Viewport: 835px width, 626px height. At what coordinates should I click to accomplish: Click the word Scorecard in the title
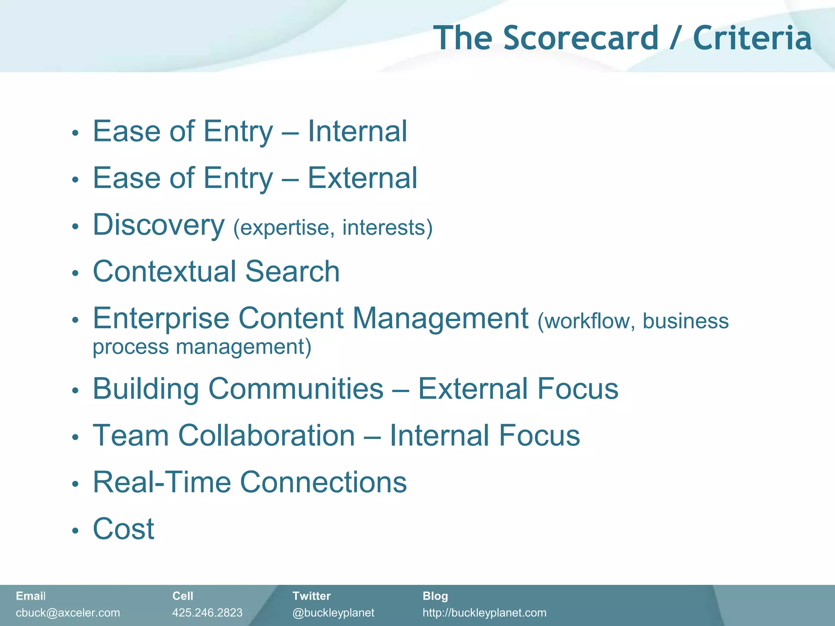click(581, 38)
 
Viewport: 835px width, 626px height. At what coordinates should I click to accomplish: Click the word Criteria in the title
click(752, 38)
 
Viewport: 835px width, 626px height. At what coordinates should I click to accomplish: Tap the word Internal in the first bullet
click(357, 131)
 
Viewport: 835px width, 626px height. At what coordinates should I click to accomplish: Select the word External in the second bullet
click(362, 178)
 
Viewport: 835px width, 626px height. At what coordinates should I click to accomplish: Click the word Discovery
click(159, 225)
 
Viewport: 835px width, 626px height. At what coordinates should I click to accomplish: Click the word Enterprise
click(161, 319)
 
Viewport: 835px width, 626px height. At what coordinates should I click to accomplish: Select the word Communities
click(296, 388)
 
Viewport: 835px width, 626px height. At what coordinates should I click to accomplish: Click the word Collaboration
click(267, 435)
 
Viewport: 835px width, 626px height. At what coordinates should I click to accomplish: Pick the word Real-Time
click(161, 482)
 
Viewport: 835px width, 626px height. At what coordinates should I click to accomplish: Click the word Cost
click(124, 529)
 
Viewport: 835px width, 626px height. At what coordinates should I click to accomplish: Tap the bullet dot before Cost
click(75, 531)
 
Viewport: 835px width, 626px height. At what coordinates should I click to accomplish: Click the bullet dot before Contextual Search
click(75, 273)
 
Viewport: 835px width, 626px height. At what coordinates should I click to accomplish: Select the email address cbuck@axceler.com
click(68, 613)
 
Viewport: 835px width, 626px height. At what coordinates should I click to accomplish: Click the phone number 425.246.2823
click(207, 613)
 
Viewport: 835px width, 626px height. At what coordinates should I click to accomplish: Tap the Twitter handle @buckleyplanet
click(333, 613)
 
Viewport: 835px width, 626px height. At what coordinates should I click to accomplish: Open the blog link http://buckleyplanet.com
click(484, 613)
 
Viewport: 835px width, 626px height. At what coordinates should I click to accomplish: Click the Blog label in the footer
click(435, 596)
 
